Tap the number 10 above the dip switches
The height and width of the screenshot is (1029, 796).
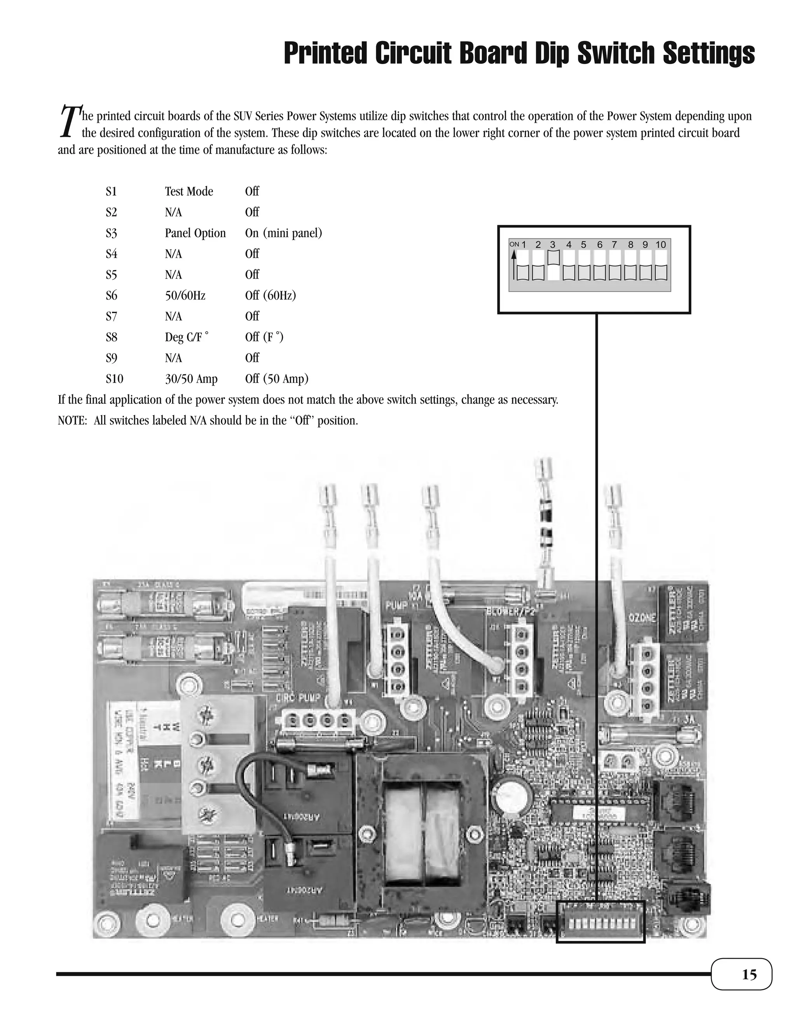click(x=661, y=245)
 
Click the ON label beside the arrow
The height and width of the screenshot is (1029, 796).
click(x=514, y=244)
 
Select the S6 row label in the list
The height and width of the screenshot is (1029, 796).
click(x=111, y=296)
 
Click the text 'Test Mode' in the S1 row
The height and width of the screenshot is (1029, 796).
click(x=189, y=191)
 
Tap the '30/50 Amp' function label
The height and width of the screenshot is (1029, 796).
click(x=191, y=379)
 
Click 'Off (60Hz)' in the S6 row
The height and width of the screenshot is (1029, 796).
click(x=270, y=296)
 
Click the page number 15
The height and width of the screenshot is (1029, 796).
click(x=749, y=974)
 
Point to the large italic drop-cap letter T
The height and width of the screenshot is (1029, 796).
click(x=69, y=121)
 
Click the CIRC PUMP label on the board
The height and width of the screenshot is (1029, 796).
click(x=298, y=697)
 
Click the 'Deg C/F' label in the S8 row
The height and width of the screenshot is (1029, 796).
click(x=186, y=337)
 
